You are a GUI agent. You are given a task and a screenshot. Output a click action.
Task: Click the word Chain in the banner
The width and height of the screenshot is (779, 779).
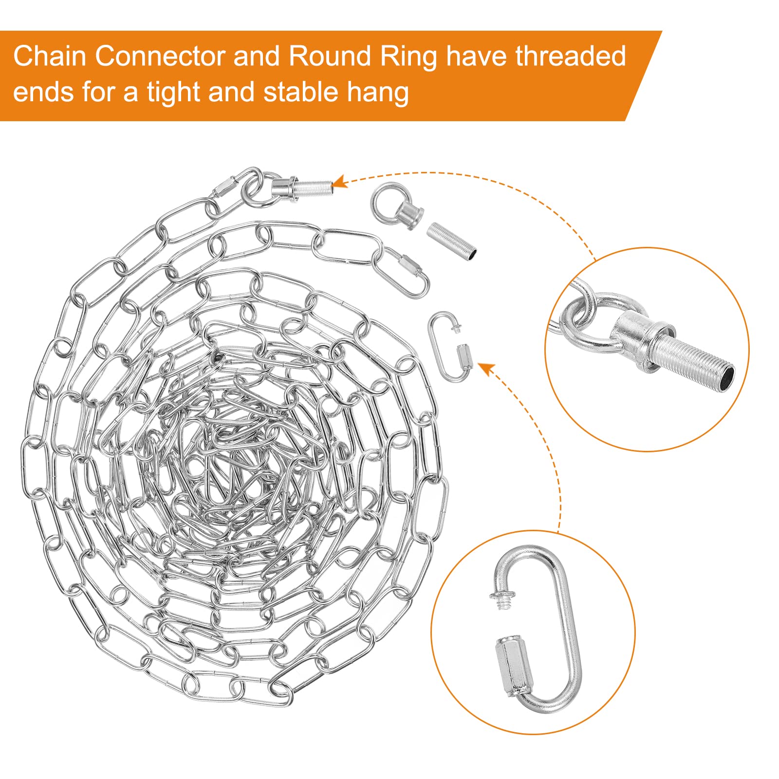[50, 56]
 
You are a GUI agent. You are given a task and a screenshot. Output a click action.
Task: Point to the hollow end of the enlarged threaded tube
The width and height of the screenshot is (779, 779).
[725, 377]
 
